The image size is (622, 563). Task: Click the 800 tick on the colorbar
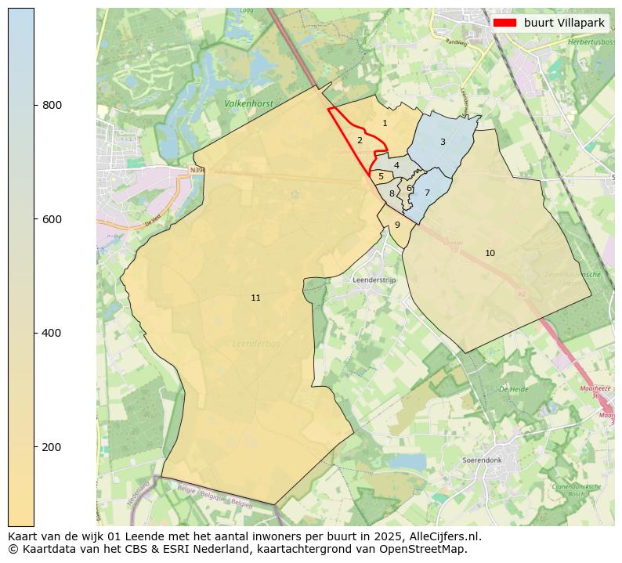click(34, 105)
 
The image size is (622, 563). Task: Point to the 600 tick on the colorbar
click(34, 219)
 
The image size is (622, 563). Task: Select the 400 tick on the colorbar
click(34, 333)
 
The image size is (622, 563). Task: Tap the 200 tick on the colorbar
click(34, 447)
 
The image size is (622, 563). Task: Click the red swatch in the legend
click(504, 23)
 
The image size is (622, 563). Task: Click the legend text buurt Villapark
click(564, 23)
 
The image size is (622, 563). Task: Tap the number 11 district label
click(255, 298)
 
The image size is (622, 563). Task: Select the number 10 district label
click(490, 253)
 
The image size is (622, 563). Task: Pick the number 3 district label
click(443, 142)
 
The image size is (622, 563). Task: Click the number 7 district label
click(427, 193)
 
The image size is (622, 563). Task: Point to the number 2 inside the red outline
click(360, 140)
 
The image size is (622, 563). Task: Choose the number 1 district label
click(385, 123)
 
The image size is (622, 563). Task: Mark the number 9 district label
click(397, 225)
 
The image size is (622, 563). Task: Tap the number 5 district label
click(381, 177)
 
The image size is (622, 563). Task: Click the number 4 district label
click(396, 165)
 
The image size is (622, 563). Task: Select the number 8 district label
click(392, 193)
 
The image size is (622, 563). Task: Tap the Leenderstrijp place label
click(375, 280)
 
